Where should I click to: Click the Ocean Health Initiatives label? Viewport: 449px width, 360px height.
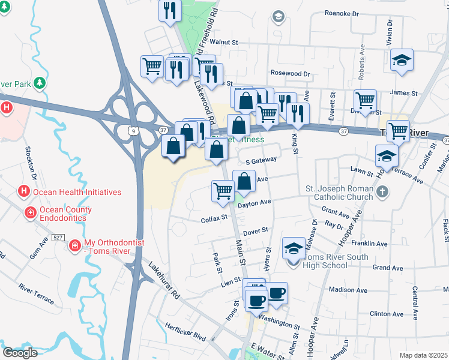[77, 193]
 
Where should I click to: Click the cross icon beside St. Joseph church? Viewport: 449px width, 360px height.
[384, 192]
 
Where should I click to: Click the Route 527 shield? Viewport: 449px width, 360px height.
[57, 238]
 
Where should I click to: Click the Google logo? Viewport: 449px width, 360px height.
[20, 352]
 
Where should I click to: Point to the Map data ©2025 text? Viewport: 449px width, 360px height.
[423, 355]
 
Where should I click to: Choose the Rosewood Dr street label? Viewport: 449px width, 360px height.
[290, 74]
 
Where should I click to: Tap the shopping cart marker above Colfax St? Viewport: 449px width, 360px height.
[223, 190]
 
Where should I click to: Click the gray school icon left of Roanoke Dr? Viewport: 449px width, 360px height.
[277, 17]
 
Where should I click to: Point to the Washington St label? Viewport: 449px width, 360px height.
[280, 322]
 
